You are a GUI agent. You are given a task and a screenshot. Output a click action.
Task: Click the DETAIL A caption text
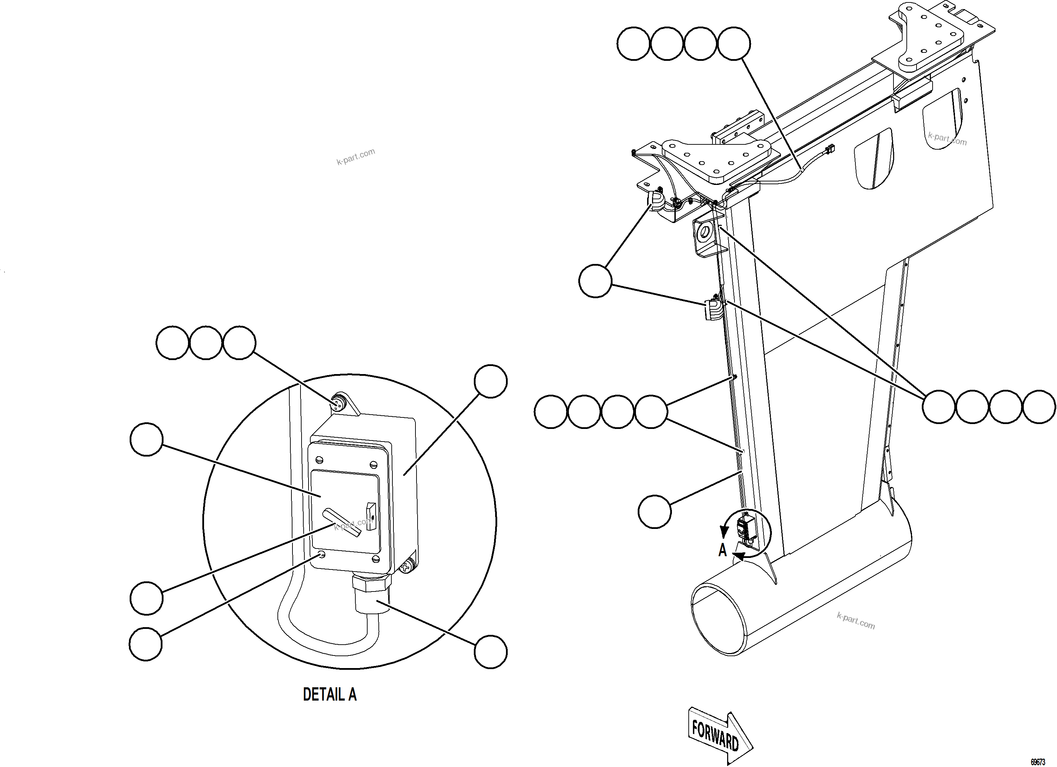click(330, 694)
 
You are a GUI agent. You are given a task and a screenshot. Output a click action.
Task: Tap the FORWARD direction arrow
click(718, 735)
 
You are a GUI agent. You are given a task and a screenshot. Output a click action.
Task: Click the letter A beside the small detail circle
click(722, 551)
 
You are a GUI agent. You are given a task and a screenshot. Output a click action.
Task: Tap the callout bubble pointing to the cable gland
click(490, 652)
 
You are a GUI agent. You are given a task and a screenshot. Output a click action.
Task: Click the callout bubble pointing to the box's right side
click(490, 381)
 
